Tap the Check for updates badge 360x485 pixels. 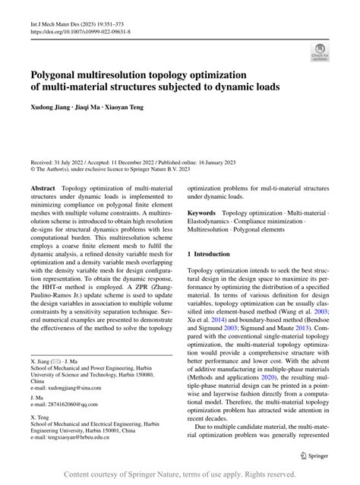(x=318, y=52)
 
